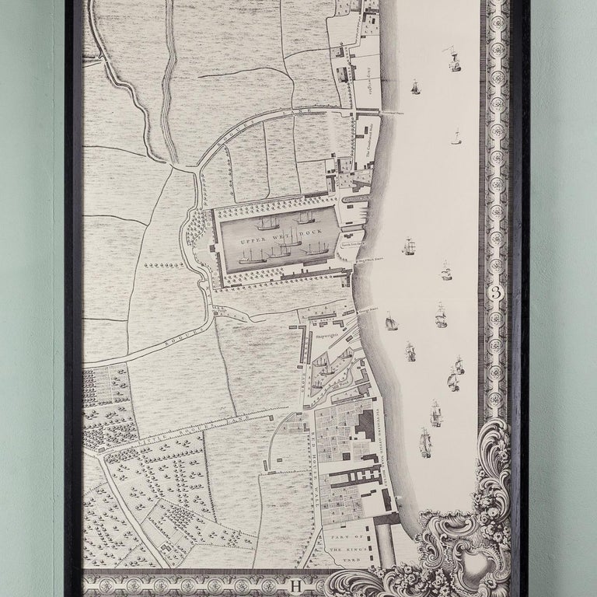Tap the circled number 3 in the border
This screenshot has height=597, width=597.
click(497, 293)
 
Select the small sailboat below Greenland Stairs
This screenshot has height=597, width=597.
click(456, 138)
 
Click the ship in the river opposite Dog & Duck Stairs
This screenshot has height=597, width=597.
click(408, 246)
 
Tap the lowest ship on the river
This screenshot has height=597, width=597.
click(424, 442)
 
